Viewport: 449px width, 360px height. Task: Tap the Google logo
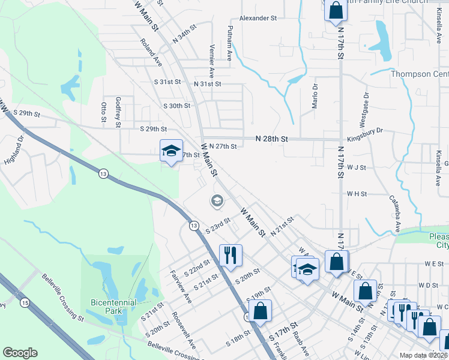20,353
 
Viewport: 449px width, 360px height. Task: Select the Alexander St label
258,19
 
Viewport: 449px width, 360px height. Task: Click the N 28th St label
271,139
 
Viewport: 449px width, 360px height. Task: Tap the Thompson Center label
420,74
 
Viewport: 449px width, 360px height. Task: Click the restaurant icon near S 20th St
230,254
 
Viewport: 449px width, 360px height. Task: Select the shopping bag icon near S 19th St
260,310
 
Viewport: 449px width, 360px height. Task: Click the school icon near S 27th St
171,150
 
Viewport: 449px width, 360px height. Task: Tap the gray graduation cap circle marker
217,202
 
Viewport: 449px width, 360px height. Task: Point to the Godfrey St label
118,109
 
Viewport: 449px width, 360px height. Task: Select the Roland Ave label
151,53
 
